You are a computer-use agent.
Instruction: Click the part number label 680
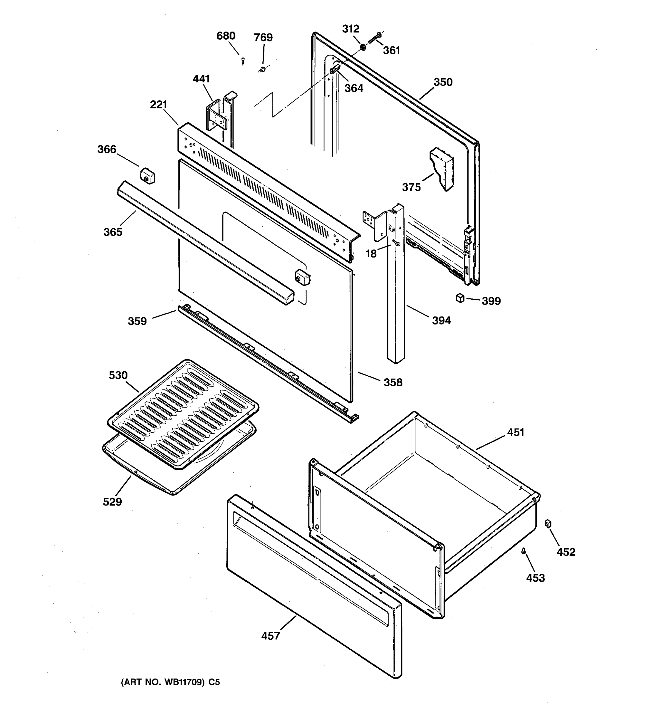tap(226, 36)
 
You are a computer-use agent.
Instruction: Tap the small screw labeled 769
tap(262, 69)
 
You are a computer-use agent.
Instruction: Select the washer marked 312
tap(363, 47)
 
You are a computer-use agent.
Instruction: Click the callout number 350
tap(443, 82)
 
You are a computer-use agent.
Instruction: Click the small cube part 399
tap(460, 298)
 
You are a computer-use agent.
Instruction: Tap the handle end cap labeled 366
tap(147, 176)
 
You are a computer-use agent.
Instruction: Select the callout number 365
tap(113, 232)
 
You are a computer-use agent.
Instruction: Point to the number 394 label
tap(441, 320)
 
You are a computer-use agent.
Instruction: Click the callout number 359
tap(137, 321)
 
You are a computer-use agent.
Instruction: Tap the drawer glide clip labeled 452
tap(548, 523)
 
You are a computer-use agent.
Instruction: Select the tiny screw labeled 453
tap(524, 551)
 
